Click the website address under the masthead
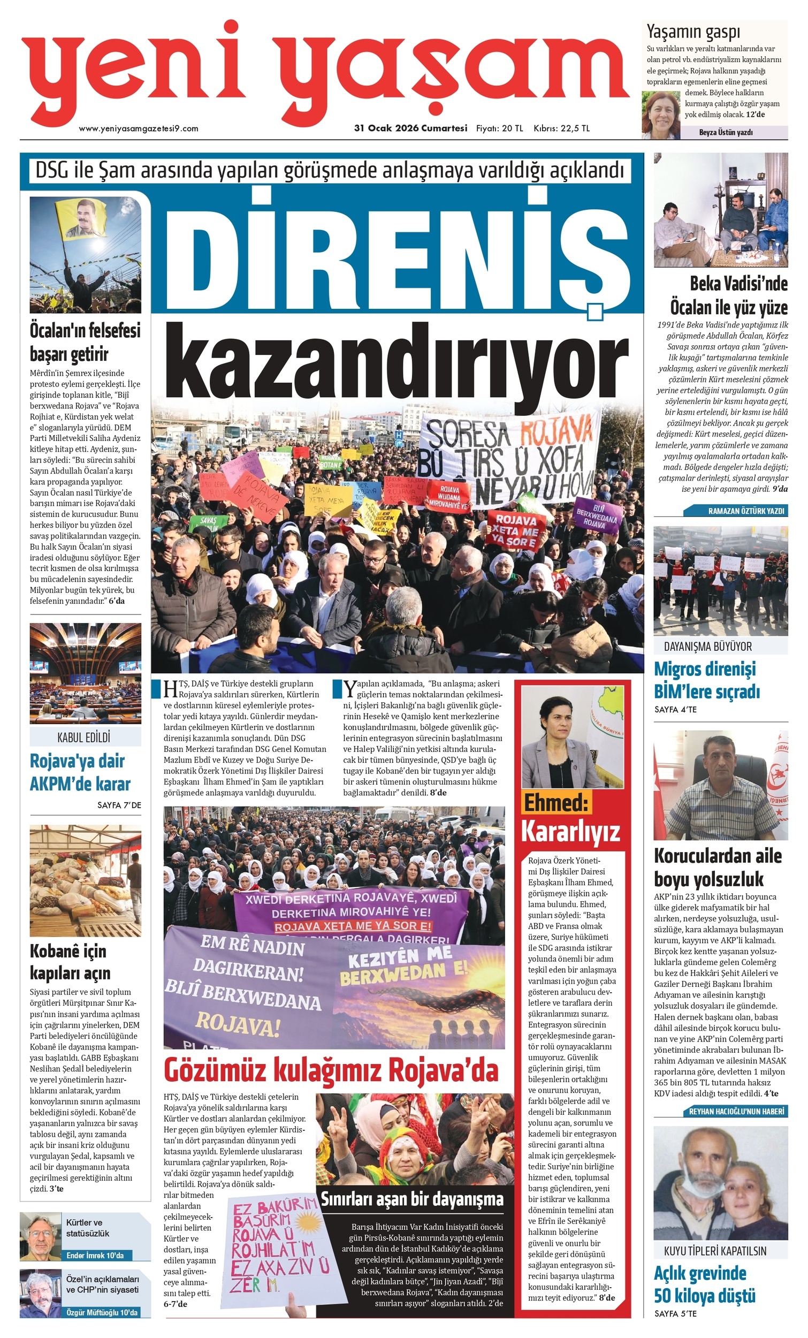(x=139, y=128)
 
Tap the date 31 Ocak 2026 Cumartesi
(x=410, y=128)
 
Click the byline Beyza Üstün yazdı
(x=726, y=132)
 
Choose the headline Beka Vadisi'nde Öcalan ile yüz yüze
(x=728, y=295)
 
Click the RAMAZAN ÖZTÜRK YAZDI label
(x=746, y=511)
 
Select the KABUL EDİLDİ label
(x=84, y=737)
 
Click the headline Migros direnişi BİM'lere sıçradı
(x=706, y=680)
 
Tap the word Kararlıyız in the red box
(x=570, y=830)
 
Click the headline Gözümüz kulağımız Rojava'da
(x=331, y=1070)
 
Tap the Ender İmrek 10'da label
(x=95, y=1255)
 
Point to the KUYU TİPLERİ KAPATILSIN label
(x=714, y=1251)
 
